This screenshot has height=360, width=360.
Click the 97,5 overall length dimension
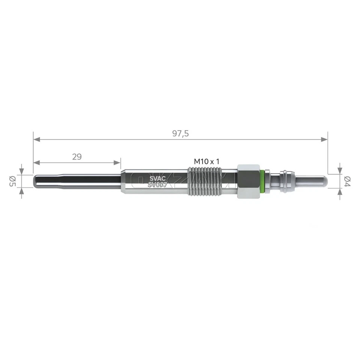(x=180, y=134)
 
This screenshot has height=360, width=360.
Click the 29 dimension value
(x=77, y=157)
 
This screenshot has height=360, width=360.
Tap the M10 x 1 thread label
(x=206, y=161)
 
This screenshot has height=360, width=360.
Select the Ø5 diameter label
(x=12, y=181)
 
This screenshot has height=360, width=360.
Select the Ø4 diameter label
(x=348, y=181)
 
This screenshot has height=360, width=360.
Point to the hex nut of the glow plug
(x=248, y=181)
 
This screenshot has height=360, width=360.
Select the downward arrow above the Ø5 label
(x=22, y=171)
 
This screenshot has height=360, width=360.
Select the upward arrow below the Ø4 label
(x=339, y=192)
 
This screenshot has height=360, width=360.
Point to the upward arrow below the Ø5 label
(x=22, y=192)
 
